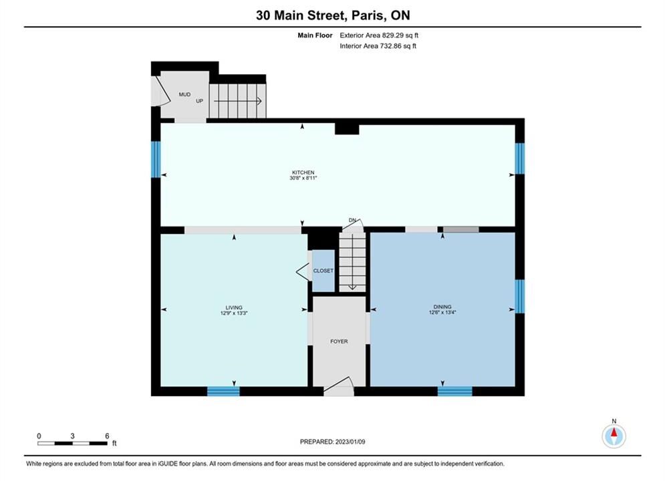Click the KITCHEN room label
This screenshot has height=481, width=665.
[303, 172]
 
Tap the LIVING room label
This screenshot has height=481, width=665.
[234, 308]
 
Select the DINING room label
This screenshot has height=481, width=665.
[442, 307]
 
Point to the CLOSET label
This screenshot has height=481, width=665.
[323, 271]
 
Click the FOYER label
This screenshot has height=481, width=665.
[339, 341]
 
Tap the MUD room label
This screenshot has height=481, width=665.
[184, 94]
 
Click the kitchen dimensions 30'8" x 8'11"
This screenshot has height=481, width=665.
[303, 178]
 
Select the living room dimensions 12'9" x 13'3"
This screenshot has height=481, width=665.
[234, 313]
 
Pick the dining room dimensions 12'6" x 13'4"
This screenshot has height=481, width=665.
[442, 313]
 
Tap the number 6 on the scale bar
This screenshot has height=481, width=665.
[107, 436]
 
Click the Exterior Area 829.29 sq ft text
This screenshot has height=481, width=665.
[379, 35]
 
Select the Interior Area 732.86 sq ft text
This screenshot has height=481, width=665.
[378, 46]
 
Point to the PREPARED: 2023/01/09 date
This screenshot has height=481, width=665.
[333, 442]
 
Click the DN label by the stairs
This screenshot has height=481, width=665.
[352, 220]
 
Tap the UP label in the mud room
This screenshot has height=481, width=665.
[199, 101]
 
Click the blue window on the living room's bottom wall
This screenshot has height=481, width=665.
[223, 391]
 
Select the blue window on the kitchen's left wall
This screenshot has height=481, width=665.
[156, 159]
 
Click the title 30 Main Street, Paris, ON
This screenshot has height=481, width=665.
[333, 15]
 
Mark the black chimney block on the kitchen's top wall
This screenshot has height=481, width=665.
[347, 129]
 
